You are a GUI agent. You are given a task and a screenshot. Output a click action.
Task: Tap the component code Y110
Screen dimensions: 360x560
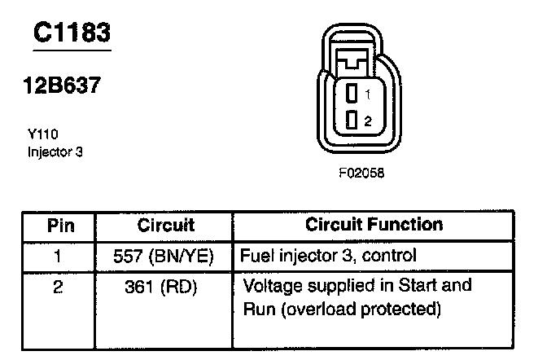pos(42,134)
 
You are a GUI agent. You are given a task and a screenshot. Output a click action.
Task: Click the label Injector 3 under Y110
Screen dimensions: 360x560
pos(55,151)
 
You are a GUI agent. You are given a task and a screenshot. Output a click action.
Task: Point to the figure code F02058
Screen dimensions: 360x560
pos(361,173)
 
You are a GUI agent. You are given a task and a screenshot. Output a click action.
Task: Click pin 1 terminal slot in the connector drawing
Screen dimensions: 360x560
pos(352,93)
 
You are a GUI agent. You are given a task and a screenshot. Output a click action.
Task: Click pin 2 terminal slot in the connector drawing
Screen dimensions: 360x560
pos(352,120)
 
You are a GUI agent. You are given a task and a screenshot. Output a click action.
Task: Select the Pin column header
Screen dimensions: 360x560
pos(57,225)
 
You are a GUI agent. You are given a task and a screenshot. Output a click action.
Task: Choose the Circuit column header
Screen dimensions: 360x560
pos(165,225)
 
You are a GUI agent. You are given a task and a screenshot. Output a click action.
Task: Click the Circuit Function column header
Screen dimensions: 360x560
pos(374,224)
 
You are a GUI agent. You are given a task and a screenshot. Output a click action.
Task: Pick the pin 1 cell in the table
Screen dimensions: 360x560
pos(57,256)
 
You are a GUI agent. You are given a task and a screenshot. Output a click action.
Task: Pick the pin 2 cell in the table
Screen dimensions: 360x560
pos(57,287)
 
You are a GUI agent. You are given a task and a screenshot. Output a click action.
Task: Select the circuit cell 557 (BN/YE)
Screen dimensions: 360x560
pos(165,256)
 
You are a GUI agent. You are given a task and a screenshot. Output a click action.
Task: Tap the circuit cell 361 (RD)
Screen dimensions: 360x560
pos(165,287)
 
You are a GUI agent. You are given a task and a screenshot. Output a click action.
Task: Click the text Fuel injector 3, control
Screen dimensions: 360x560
pos(328,256)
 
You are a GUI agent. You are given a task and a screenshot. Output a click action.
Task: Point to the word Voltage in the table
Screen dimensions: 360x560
pos(274,287)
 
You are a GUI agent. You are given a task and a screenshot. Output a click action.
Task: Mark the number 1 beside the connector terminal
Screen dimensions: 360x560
pos(368,94)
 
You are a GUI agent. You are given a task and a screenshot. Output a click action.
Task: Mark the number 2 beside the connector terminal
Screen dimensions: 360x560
pos(368,121)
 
